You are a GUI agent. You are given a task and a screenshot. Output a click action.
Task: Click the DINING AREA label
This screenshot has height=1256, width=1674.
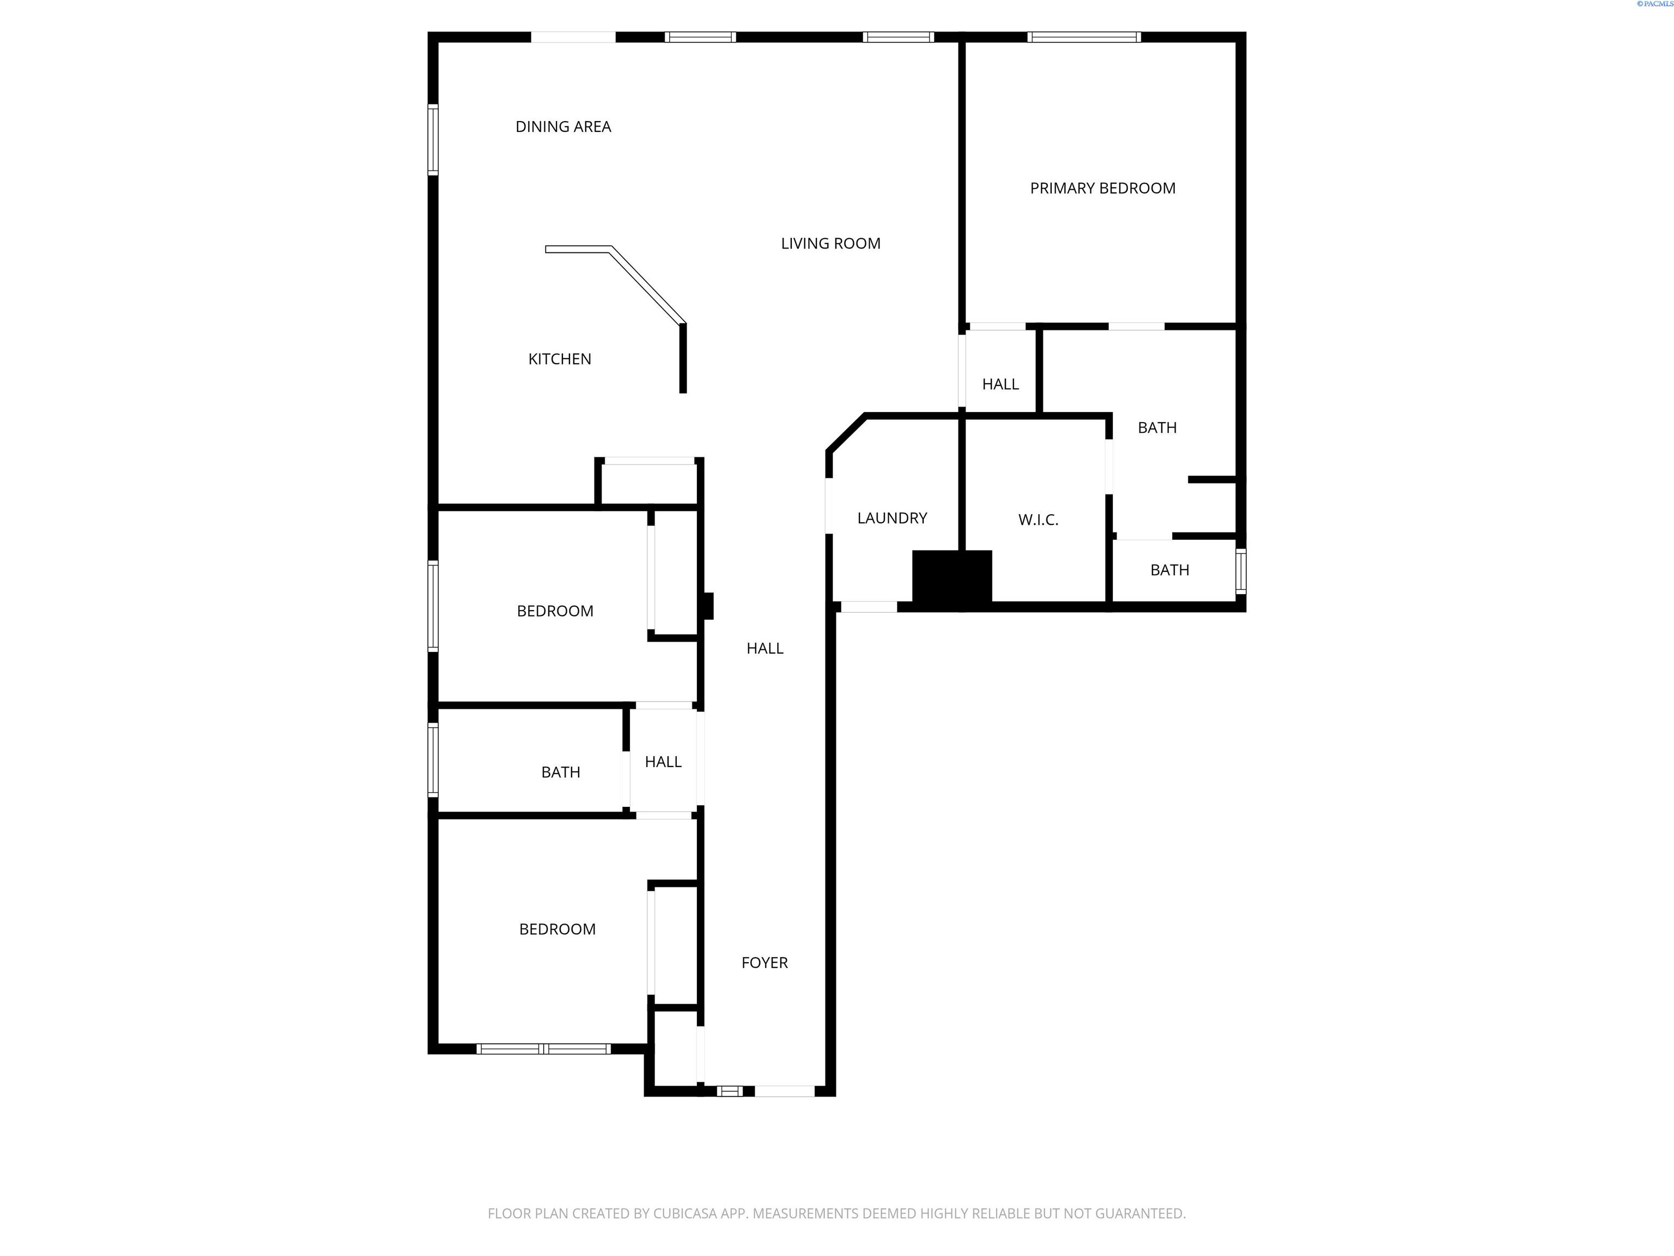pyautogui.click(x=563, y=127)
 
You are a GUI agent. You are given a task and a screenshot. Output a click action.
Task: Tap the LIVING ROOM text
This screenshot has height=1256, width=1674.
pyautogui.click(x=830, y=244)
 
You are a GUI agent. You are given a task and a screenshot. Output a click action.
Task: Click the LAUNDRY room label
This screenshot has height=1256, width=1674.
pyautogui.click(x=891, y=518)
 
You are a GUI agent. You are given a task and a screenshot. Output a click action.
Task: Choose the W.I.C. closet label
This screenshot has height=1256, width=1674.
pyautogui.click(x=1038, y=520)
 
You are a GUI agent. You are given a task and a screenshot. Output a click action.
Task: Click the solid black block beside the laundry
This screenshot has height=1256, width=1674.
pyautogui.click(x=951, y=577)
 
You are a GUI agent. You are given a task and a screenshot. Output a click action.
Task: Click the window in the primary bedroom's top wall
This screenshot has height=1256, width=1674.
pyautogui.click(x=1084, y=37)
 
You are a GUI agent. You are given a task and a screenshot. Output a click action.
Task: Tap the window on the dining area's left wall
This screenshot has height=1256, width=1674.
pyautogui.click(x=433, y=140)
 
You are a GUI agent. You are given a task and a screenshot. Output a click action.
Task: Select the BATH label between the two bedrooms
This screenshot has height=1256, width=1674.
pyautogui.click(x=560, y=773)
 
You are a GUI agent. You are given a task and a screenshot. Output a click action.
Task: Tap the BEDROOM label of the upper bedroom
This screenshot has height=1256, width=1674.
pyautogui.click(x=555, y=612)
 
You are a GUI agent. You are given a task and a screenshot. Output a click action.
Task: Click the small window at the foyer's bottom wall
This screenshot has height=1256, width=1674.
pyautogui.click(x=730, y=1091)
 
